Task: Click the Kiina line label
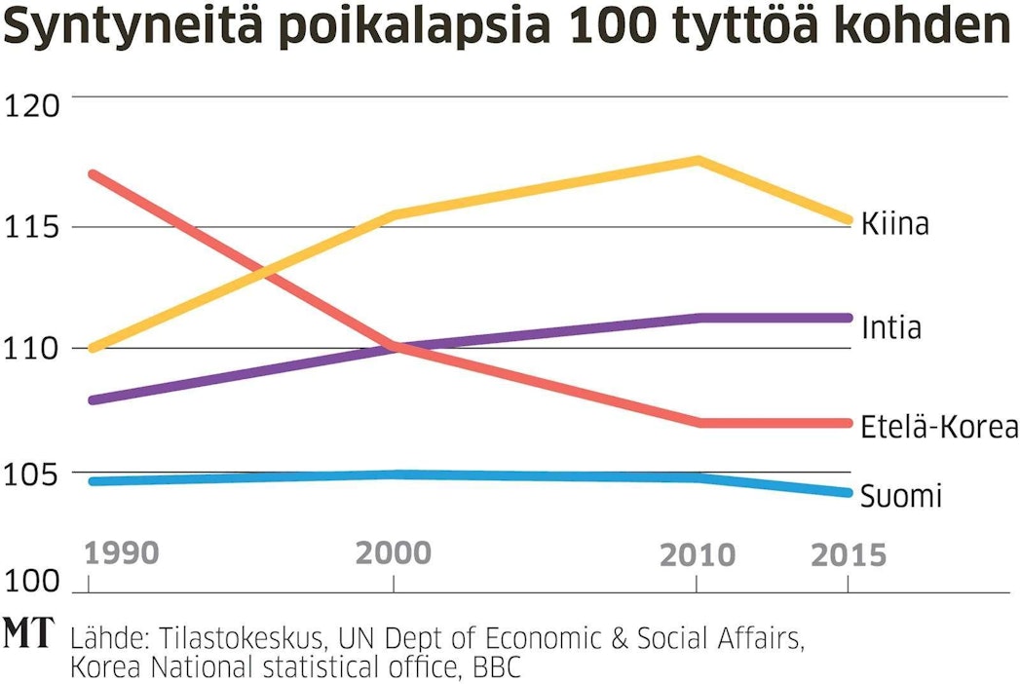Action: pyautogui.click(x=894, y=224)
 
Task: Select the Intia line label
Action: pyautogui.click(x=890, y=327)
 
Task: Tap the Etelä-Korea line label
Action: pyautogui.click(x=938, y=427)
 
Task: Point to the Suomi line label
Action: pyautogui.click(x=900, y=497)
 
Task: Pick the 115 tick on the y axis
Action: pyautogui.click(x=33, y=227)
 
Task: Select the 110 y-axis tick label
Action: pyautogui.click(x=33, y=348)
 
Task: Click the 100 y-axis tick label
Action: pyautogui.click(x=33, y=583)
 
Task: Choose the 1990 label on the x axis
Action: pyautogui.click(x=121, y=553)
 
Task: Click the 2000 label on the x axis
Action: pyautogui.click(x=393, y=553)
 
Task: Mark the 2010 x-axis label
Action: pyautogui.click(x=698, y=555)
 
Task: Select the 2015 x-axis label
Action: pyautogui.click(x=849, y=555)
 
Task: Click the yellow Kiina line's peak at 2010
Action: pyautogui.click(x=698, y=160)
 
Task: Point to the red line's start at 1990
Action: pyautogui.click(x=90, y=174)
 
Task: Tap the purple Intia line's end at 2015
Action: pyautogui.click(x=848, y=318)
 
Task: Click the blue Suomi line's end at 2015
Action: pyautogui.click(x=848, y=492)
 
